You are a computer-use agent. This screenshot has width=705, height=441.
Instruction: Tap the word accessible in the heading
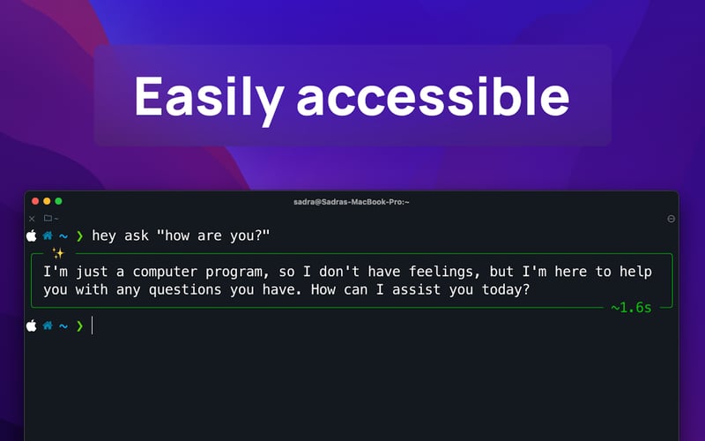pos(432,96)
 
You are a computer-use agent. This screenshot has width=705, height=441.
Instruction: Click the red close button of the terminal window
pos(33,202)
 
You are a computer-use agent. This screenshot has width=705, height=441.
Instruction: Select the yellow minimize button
pos(46,202)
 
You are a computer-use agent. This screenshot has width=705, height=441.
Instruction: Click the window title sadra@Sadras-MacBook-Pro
pos(352,202)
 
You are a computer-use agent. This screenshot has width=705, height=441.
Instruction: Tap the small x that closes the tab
pos(32,218)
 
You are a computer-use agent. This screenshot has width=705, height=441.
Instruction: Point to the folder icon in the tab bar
pos(48,218)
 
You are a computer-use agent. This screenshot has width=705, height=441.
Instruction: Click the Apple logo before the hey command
pos(32,235)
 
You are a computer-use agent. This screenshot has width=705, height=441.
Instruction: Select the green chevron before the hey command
pos(79,235)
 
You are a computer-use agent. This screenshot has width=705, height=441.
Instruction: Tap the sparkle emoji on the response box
pos(58,254)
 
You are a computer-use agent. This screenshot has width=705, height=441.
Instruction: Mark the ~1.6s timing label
pos(631,308)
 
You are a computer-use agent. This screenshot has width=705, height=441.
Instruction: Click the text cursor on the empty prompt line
pos(93,325)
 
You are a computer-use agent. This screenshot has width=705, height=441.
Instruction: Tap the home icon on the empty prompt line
pos(48,325)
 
